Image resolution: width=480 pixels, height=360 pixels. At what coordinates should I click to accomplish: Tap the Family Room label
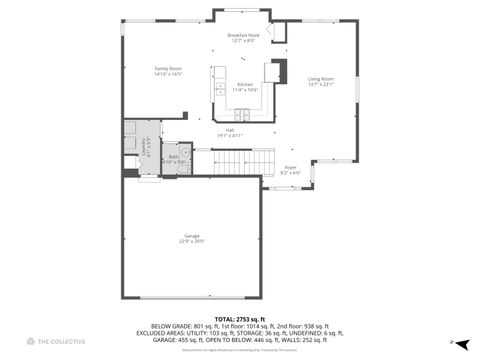coord(168,68)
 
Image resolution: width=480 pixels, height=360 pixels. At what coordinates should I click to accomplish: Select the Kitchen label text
coord(245,84)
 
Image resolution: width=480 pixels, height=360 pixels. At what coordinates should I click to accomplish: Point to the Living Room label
coord(320,78)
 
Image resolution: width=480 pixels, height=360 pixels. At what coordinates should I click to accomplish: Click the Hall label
coord(229,130)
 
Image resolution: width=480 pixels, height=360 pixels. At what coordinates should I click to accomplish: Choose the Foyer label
coord(290,167)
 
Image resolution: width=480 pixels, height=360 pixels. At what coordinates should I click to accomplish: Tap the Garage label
coord(191,235)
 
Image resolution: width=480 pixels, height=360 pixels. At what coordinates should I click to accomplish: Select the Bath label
coord(173,156)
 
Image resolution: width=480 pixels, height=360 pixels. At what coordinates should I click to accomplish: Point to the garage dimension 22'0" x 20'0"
coord(191,241)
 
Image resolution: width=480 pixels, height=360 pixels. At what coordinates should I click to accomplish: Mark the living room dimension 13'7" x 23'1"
coord(320,84)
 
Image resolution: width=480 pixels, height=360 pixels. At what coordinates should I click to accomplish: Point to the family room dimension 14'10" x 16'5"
coord(168,74)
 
